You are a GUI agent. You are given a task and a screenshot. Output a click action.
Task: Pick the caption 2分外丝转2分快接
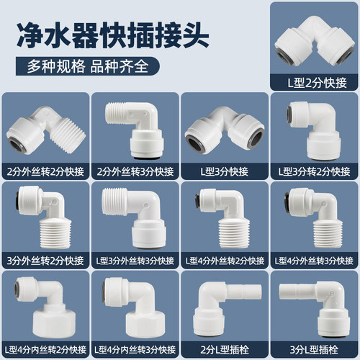point(45,171)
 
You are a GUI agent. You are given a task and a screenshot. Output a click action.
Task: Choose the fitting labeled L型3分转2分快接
point(314,128)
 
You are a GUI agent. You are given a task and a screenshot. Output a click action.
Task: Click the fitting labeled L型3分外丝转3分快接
point(135,216)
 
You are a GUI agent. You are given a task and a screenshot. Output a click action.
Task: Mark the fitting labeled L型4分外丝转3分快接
point(314,216)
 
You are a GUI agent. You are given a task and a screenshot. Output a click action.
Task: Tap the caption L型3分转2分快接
point(314,171)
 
